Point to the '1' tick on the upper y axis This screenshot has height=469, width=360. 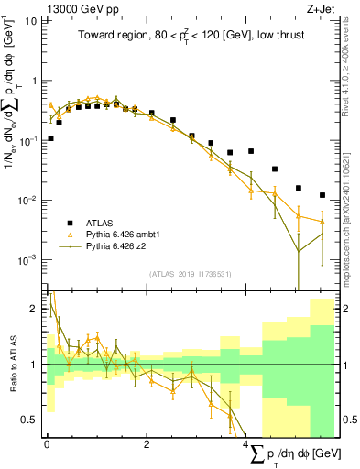click(x=34, y=81)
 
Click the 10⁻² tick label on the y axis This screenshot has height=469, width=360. click(x=27, y=201)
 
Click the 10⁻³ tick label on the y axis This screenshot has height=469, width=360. click(x=27, y=261)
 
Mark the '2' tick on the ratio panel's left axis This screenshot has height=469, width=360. click(x=34, y=309)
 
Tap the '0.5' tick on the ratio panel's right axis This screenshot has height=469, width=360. click(x=349, y=420)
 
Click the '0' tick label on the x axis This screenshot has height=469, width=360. click(x=47, y=443)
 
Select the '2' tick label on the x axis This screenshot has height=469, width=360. click(x=147, y=443)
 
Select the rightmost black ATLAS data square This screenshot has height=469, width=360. click(x=322, y=195)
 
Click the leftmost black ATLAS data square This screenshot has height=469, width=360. click(x=49, y=138)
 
